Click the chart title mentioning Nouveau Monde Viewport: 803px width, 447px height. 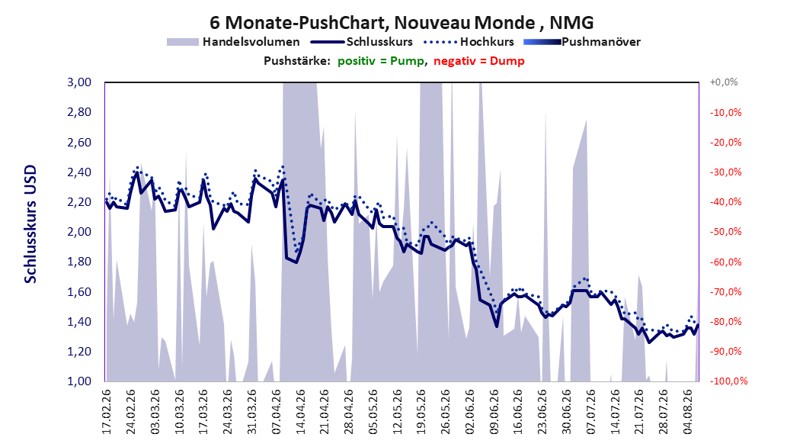pyautogui.click(x=401, y=23)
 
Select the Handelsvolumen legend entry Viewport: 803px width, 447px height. pyautogui.click(x=233, y=42)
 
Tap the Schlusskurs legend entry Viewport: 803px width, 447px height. pyautogui.click(x=362, y=42)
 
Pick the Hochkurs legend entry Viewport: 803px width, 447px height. pyautogui.click(x=469, y=42)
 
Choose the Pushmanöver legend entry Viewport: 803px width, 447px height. pyautogui.click(x=582, y=42)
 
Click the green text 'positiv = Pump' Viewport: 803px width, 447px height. pyautogui.click(x=381, y=61)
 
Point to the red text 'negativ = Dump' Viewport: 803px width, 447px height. pyautogui.click(x=479, y=61)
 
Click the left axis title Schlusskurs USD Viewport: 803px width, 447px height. pyautogui.click(x=30, y=223)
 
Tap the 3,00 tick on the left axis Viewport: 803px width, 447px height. pyautogui.click(x=79, y=82)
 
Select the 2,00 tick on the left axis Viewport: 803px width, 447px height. pyautogui.click(x=79, y=232)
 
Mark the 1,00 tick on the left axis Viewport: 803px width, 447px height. pyautogui.click(x=79, y=381)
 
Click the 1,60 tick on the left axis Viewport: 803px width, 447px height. pyautogui.click(x=79, y=291)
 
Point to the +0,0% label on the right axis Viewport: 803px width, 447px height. pyautogui.click(x=724, y=82)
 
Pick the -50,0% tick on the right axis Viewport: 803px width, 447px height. pyautogui.click(x=725, y=232)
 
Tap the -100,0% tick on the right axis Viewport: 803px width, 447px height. pyautogui.click(x=728, y=381)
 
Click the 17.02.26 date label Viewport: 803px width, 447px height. pyautogui.click(x=107, y=411)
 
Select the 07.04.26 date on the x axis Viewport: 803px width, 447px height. pyautogui.click(x=277, y=411)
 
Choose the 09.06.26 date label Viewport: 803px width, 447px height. pyautogui.click(x=494, y=411)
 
